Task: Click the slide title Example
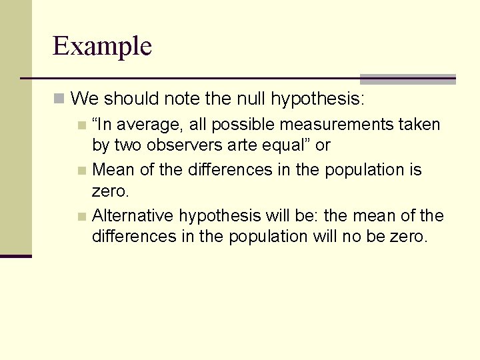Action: click(x=102, y=46)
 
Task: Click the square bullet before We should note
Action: click(x=59, y=99)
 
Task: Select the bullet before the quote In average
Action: click(x=81, y=125)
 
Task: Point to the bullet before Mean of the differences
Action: click(x=81, y=170)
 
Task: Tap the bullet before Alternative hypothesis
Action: click(x=81, y=216)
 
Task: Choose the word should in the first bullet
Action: click(x=129, y=99)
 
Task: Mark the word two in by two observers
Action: click(x=125, y=145)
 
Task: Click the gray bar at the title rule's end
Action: click(x=407, y=79)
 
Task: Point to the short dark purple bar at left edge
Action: click(x=15, y=256)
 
